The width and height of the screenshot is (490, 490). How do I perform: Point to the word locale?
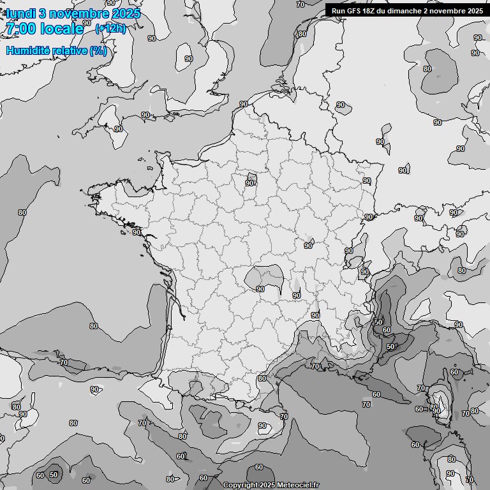point(61,29)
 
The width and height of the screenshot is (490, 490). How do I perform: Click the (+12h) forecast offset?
point(110,28)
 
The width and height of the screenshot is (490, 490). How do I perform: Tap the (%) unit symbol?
point(98,50)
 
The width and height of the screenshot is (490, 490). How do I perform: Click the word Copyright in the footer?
point(240,485)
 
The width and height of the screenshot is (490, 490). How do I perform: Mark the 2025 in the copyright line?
point(267,485)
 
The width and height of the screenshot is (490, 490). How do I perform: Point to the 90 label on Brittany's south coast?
point(136,232)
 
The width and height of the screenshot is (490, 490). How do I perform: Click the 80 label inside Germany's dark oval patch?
point(427,69)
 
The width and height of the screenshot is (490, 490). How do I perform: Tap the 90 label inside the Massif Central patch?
point(260,289)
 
